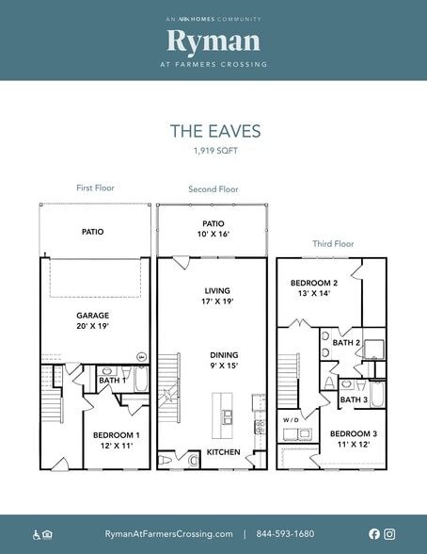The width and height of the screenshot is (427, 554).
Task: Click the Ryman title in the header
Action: click(213, 41)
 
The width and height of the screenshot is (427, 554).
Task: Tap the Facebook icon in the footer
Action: click(374, 533)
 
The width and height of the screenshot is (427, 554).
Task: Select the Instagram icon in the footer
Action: click(389, 533)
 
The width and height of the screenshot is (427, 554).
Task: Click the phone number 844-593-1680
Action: click(285, 533)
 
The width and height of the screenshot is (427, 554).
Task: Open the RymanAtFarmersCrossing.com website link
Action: click(168, 534)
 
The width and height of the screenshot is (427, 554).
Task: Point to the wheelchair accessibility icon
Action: click(37, 534)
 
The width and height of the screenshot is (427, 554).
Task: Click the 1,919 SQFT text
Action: click(215, 151)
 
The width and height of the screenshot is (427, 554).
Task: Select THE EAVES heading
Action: click(215, 131)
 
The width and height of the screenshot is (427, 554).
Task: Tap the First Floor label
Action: click(95, 187)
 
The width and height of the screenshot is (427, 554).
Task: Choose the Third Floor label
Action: click(333, 244)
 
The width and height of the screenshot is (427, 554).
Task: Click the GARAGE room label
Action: click(93, 315)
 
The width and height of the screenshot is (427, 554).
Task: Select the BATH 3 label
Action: click(354, 399)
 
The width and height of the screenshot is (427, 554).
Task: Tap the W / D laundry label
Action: click(291, 420)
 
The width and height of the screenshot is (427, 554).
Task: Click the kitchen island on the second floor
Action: click(222, 415)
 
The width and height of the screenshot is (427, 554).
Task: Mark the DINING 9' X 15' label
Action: click(224, 360)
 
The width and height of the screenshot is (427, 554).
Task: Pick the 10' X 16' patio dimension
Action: click(213, 234)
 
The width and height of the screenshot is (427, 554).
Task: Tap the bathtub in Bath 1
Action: click(141, 379)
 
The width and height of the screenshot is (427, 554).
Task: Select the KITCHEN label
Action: click(223, 452)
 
